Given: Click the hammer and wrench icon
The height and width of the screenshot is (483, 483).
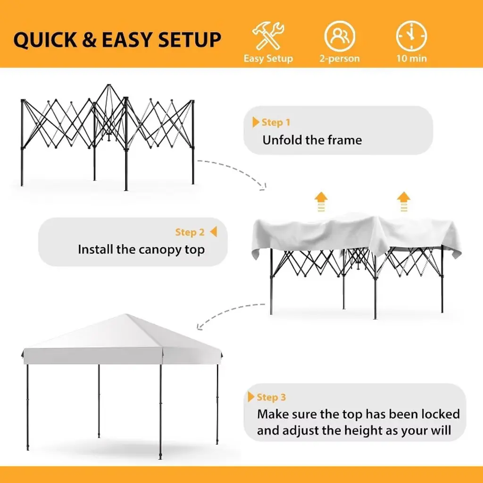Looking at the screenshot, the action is [268, 35].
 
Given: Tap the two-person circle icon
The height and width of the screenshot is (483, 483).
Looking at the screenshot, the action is [340, 36].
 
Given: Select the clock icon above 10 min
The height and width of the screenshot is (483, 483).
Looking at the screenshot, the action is [411, 36].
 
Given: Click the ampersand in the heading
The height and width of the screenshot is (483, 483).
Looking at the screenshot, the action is [89, 40].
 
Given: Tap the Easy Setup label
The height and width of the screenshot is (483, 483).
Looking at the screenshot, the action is [268, 58].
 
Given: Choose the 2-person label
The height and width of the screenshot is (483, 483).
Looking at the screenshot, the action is [340, 58].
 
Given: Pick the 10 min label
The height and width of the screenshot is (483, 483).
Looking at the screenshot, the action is [411, 58].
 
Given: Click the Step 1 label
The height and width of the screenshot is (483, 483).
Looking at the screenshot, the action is [275, 122].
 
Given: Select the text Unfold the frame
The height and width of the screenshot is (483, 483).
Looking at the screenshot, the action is [312, 140].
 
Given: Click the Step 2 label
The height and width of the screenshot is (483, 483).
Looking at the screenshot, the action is [190, 232].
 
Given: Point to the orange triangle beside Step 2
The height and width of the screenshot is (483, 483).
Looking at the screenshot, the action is [214, 232].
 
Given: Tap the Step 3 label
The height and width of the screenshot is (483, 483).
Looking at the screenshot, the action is [271, 397].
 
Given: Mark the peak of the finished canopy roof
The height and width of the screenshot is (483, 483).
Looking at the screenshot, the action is [125, 315].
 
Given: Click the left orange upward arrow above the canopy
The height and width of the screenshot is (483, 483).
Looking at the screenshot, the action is [321, 202].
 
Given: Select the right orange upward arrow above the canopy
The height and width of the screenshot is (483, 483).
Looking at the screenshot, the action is [404, 202].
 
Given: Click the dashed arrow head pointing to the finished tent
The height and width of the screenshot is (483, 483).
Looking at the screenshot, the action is [200, 326].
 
